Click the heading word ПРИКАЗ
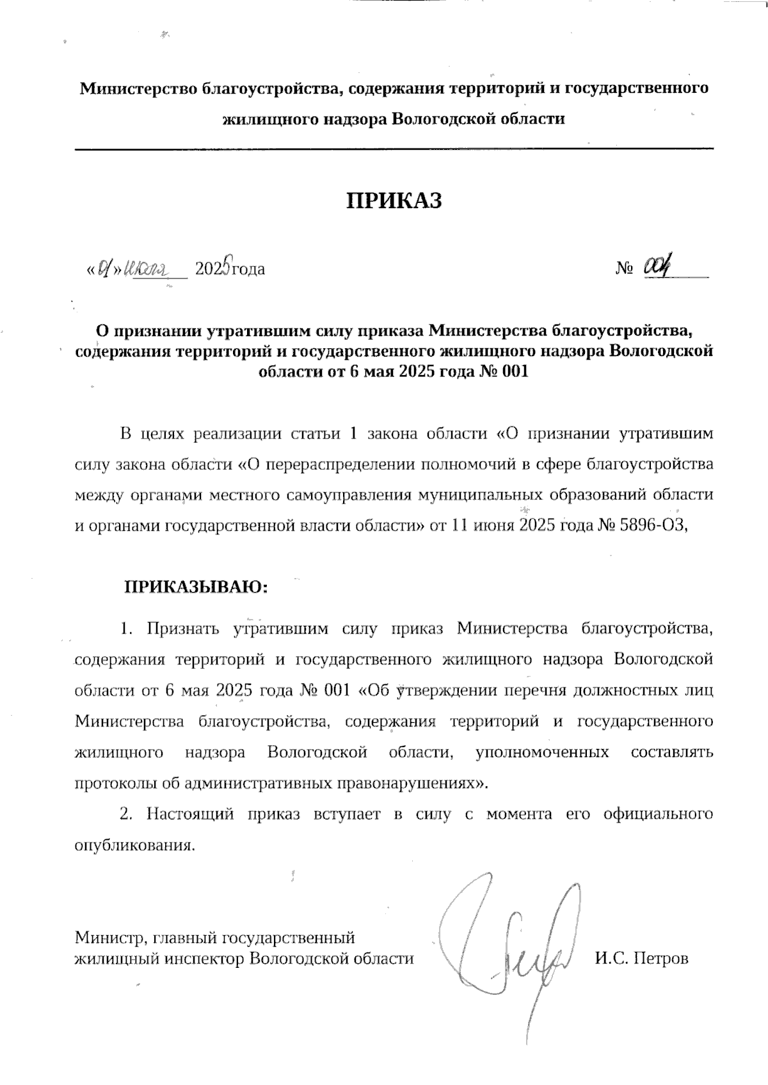click(394, 200)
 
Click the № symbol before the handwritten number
click(624, 269)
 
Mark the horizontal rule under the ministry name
click(394, 149)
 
